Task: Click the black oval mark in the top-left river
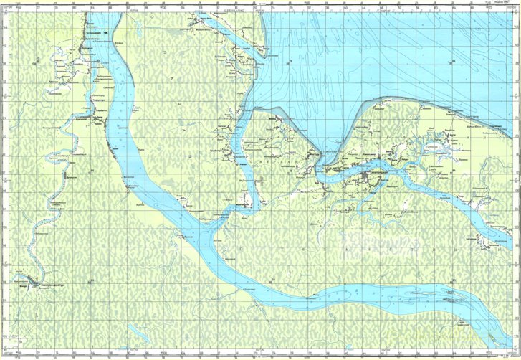point(107,32)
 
